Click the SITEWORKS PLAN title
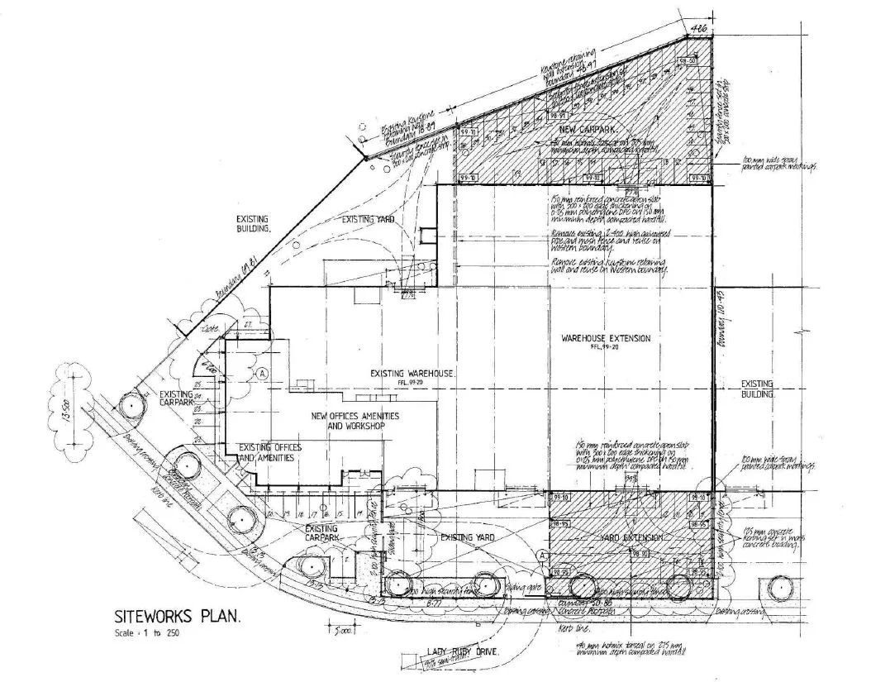coord(177,616)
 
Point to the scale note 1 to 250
coord(148,633)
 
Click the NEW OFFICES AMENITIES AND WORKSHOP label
coord(355,421)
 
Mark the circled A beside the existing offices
coord(263,373)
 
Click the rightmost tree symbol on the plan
coord(778,588)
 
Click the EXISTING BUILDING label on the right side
coord(757,389)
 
